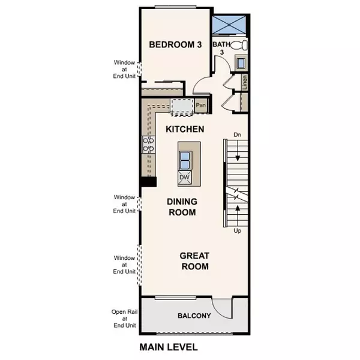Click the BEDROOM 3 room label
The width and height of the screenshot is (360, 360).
[x=175, y=44]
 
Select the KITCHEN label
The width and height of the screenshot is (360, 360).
[x=185, y=129]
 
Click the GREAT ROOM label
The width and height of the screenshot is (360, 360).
[x=194, y=261]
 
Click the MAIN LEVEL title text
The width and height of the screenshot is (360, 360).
[x=168, y=347]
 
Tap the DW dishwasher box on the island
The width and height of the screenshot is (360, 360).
[x=185, y=178]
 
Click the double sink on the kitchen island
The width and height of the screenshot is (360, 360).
[x=185, y=160]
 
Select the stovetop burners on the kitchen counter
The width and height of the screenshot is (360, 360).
[x=148, y=144]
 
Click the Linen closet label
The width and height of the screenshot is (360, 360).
[x=245, y=81]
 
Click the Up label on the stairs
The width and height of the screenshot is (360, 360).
[x=238, y=230]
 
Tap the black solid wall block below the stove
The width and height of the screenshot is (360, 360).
[x=148, y=182]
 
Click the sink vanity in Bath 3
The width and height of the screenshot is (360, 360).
[x=240, y=63]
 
